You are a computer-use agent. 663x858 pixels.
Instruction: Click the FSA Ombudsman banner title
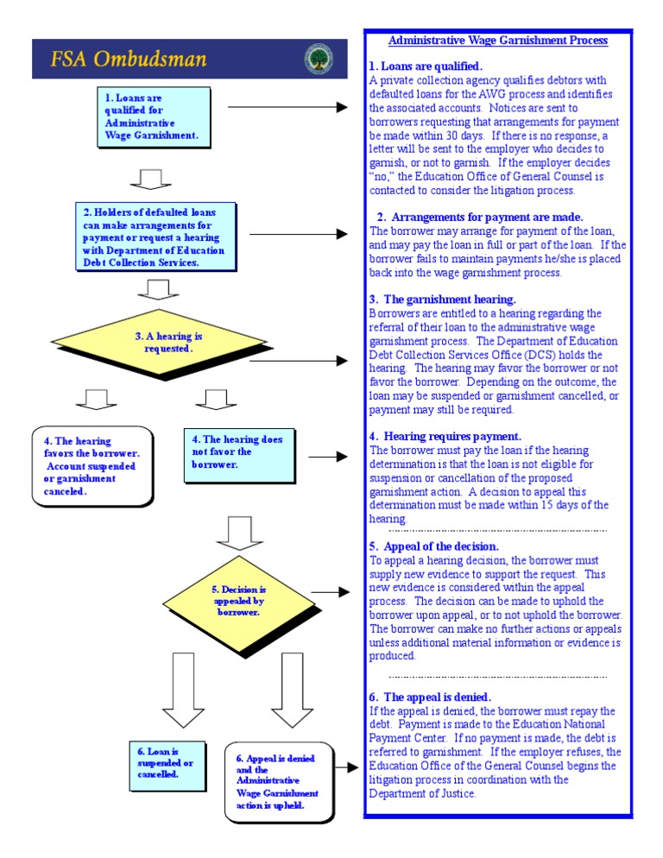click(129, 60)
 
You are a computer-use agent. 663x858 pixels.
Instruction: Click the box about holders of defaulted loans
click(155, 237)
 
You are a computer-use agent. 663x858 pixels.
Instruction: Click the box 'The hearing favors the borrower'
click(92, 466)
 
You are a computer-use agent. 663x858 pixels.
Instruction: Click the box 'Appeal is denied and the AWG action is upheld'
click(278, 782)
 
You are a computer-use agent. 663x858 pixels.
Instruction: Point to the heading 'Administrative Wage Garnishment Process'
click(498, 41)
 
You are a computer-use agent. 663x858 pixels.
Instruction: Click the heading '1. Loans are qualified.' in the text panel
click(426, 66)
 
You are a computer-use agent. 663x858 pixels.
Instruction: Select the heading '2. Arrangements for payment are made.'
click(480, 217)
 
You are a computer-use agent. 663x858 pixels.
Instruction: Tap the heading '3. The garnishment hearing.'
click(443, 300)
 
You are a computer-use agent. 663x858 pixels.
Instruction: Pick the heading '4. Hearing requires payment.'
click(445, 437)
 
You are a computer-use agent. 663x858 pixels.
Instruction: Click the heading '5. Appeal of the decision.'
click(434, 546)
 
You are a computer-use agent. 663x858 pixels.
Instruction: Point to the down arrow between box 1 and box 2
click(150, 178)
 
